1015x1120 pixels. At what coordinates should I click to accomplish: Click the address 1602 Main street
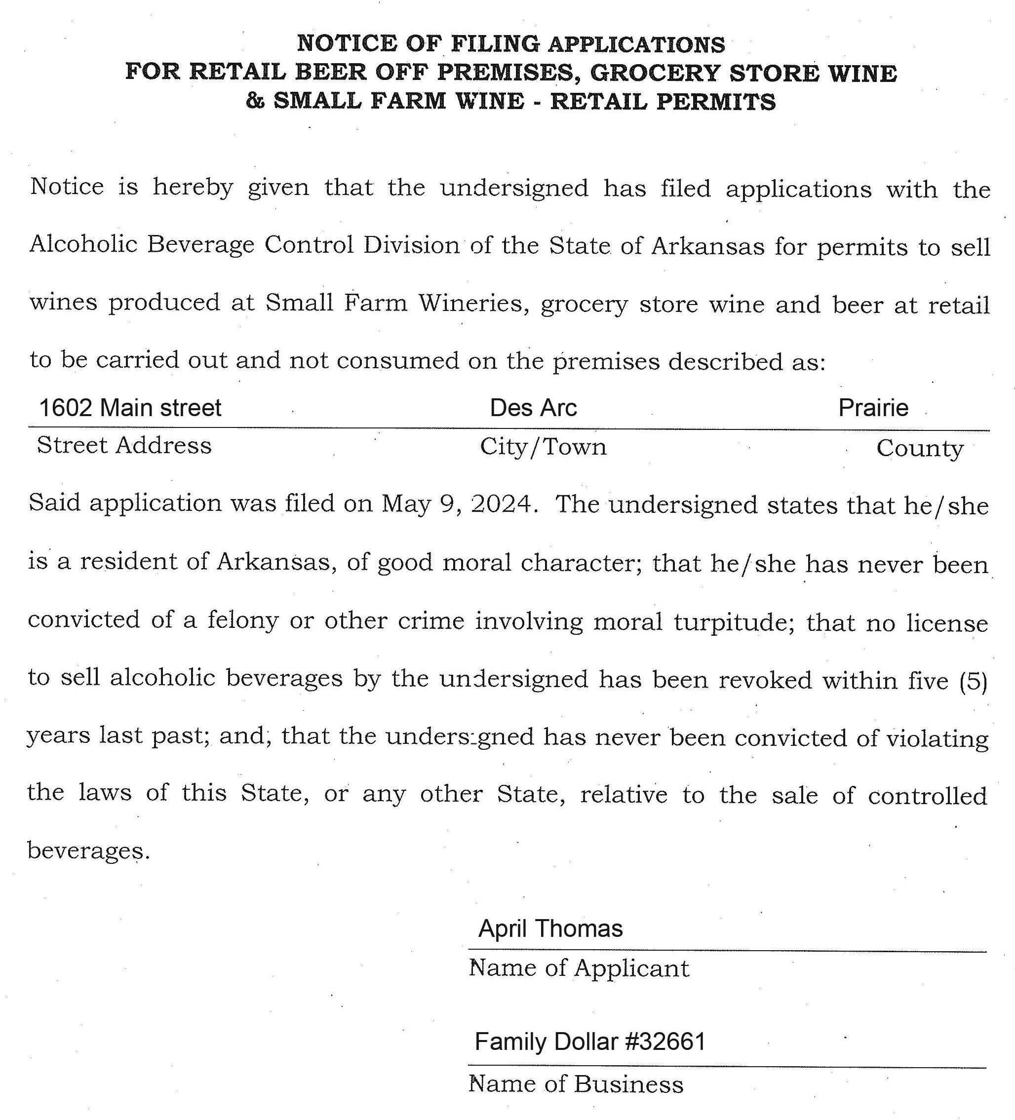130,408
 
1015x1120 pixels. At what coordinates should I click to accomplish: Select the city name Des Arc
533,408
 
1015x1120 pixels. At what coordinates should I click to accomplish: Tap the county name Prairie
873,408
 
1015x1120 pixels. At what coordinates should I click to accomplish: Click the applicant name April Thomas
550,929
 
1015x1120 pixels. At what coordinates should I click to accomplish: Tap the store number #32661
665,1042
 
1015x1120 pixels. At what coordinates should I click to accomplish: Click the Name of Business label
576,1084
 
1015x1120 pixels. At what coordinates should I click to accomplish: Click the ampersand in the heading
255,101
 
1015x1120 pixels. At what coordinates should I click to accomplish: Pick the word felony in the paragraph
243,620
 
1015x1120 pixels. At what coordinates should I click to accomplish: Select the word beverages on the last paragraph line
88,850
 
